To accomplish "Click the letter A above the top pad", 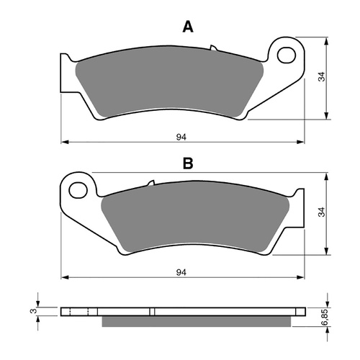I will tap(188, 27).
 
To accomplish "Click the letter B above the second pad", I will tap(188, 164).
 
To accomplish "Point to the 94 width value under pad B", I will tap(182, 271).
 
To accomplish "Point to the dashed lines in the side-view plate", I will tap(87, 312).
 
